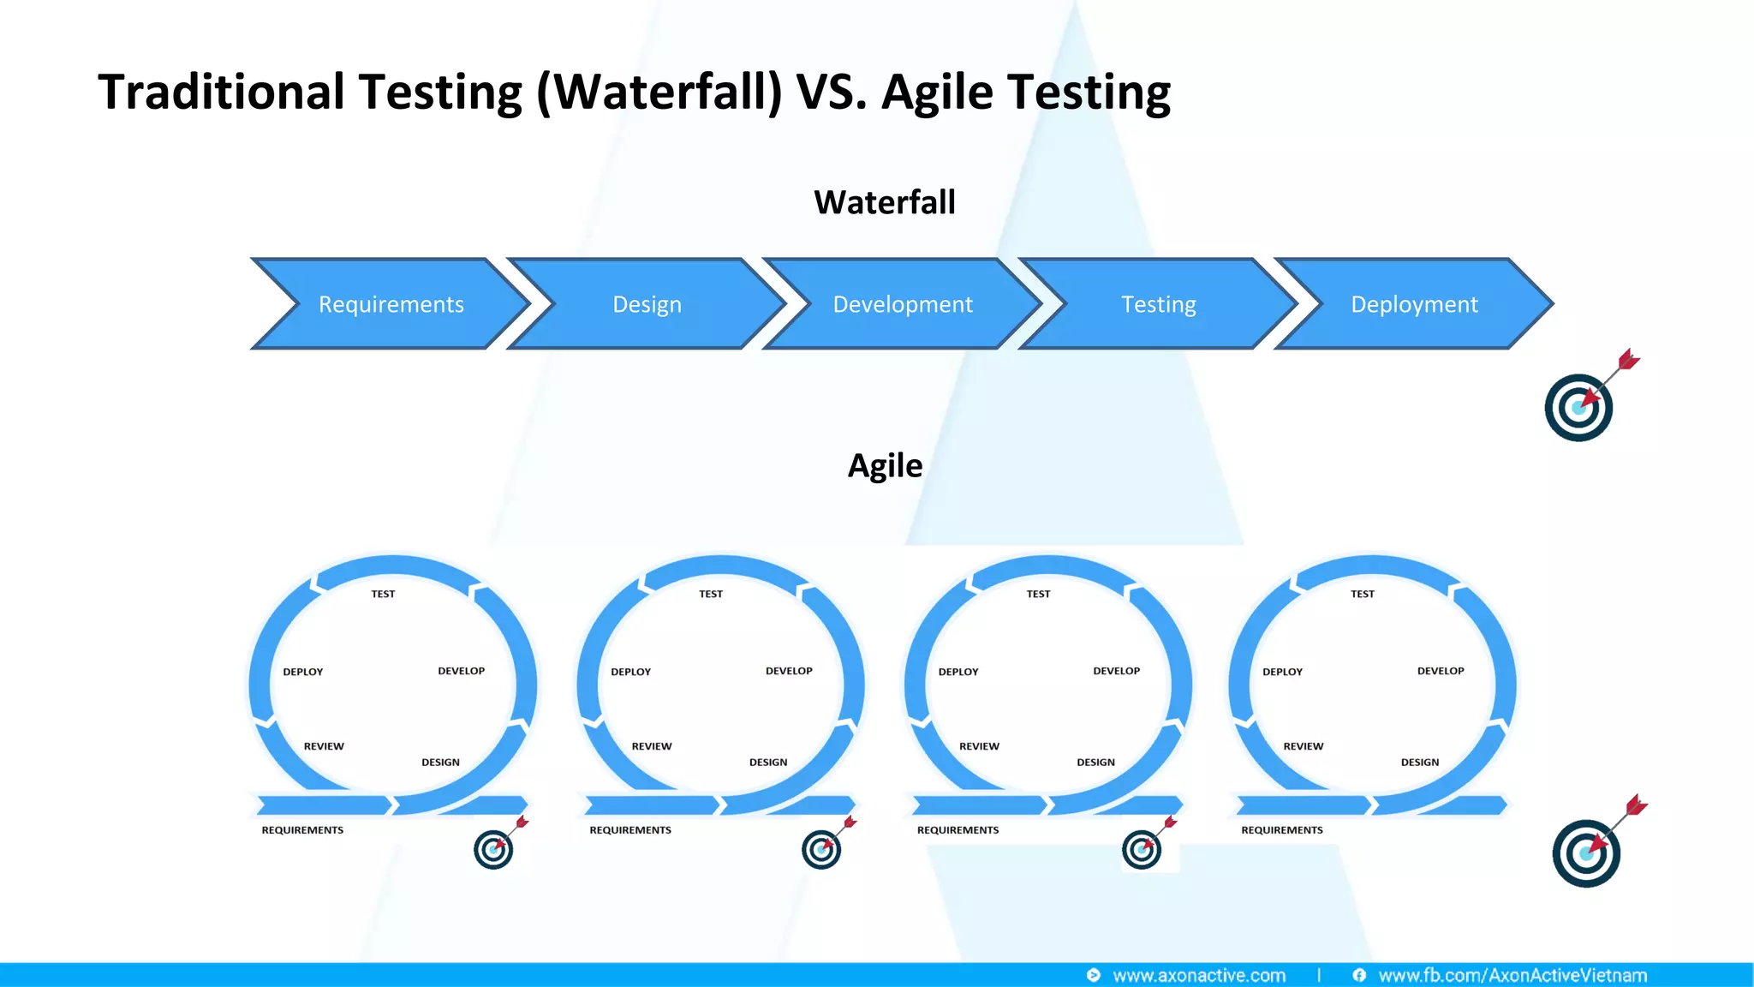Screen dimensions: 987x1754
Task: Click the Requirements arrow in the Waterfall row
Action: coord(391,304)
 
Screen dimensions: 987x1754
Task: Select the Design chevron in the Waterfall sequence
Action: coord(647,304)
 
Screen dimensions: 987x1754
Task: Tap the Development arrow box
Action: coord(902,304)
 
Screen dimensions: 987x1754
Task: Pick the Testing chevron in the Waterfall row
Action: coord(1158,304)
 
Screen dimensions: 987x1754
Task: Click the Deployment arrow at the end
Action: coord(1413,304)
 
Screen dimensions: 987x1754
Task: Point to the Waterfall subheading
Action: coord(884,203)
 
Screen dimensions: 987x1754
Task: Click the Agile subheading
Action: coord(885,466)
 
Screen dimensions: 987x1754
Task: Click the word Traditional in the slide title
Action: coord(221,92)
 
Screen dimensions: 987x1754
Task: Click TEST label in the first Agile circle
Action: coord(383,594)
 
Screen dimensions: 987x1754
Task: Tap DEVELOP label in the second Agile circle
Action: coord(789,671)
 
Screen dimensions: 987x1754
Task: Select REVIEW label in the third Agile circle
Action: coord(979,746)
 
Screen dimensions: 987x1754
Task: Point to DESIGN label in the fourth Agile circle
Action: coord(1419,762)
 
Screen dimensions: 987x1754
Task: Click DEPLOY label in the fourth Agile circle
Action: coord(1282,672)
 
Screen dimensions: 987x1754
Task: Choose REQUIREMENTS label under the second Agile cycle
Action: coord(630,829)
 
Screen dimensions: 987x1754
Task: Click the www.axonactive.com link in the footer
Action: coord(1198,975)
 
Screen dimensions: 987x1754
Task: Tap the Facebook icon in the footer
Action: coord(1359,975)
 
